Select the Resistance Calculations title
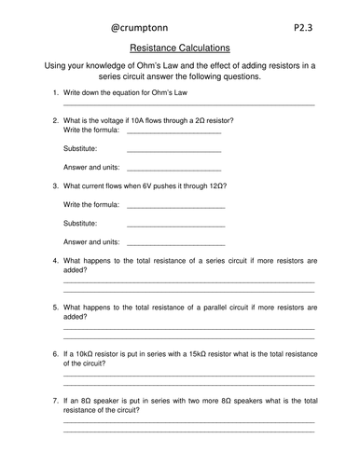point(180,47)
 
